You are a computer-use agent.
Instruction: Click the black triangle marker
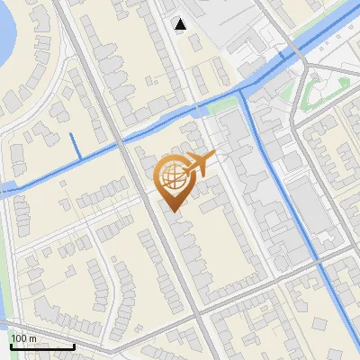[x=181, y=24]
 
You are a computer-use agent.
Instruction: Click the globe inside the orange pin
[x=171, y=178]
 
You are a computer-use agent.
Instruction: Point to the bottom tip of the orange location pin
[x=171, y=211]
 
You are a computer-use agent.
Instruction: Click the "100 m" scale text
[x=24, y=338]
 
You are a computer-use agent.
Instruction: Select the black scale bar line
[x=41, y=346]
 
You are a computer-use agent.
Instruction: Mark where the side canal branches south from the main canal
[x=245, y=92]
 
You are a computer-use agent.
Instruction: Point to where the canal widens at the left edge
[x=7, y=187]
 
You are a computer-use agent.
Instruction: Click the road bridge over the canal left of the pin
[x=116, y=143]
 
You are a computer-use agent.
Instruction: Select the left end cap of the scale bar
[x=11, y=346]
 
